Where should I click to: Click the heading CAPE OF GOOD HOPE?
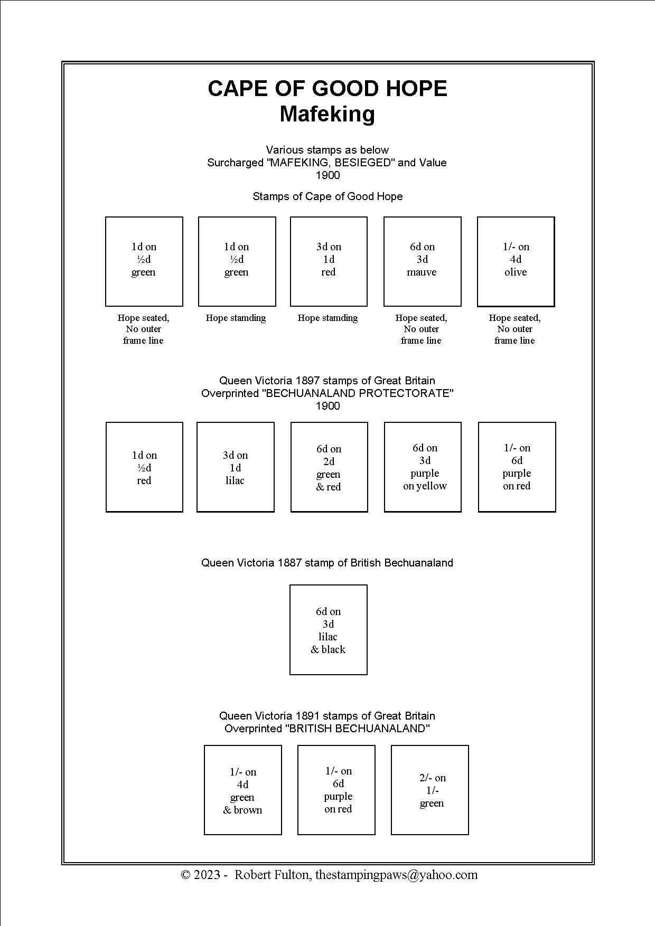(327, 89)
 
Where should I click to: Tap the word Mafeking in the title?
(327, 114)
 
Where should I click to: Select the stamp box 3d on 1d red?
(329, 261)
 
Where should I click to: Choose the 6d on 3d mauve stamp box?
(422, 261)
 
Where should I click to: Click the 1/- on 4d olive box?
(516, 261)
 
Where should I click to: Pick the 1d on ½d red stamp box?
(144, 467)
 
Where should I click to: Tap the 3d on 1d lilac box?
(236, 467)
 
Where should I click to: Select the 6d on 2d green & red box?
(329, 467)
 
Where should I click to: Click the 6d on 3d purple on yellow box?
(423, 467)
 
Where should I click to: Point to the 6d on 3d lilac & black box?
(329, 630)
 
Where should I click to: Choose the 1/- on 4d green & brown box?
(243, 790)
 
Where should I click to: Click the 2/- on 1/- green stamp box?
(430, 790)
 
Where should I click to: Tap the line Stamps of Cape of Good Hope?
(327, 196)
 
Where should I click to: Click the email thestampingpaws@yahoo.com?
(396, 875)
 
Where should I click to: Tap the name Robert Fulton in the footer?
(272, 875)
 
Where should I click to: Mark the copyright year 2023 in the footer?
(207, 875)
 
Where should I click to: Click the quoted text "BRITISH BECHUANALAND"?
(357, 729)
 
